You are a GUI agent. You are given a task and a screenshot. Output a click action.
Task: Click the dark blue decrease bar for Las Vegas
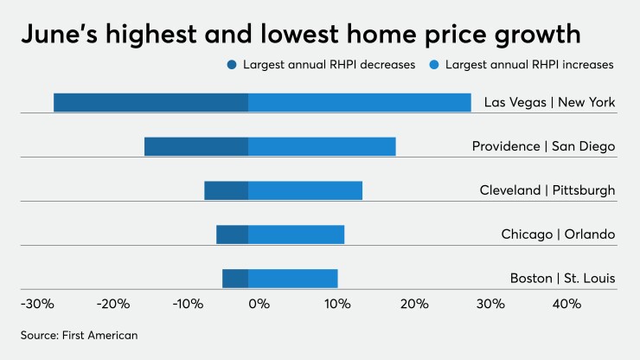point(150,102)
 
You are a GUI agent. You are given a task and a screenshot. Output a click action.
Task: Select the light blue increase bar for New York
point(360,102)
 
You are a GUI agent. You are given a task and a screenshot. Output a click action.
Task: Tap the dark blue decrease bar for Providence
point(196,146)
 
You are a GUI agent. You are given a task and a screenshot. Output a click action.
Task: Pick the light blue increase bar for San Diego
point(322,146)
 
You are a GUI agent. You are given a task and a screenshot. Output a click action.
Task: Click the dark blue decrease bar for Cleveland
point(227,190)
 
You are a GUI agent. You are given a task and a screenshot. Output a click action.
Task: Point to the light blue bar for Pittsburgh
point(305,190)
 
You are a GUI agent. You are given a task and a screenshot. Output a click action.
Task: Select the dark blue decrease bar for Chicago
point(233,234)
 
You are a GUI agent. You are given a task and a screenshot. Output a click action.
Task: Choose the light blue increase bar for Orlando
point(297,234)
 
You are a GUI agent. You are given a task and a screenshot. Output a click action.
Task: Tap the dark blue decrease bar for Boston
point(235,278)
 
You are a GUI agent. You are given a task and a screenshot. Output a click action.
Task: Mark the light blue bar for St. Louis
point(293,278)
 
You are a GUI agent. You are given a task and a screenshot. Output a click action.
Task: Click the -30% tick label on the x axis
point(36,304)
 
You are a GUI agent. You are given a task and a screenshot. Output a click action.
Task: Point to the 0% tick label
point(259,304)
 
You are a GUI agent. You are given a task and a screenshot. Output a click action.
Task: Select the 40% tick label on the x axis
point(566,304)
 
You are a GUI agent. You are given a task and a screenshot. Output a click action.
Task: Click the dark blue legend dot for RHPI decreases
point(231,65)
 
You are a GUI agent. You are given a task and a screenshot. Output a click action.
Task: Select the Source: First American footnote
point(80,334)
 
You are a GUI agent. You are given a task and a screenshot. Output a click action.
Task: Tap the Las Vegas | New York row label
point(549,102)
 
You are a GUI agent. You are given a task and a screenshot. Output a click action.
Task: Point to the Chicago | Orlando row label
point(558,234)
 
